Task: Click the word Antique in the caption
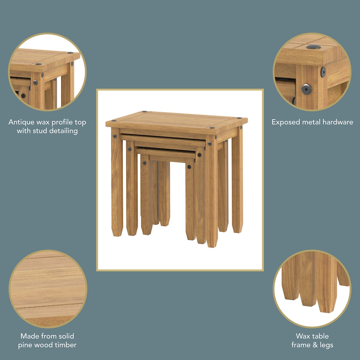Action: [22, 122]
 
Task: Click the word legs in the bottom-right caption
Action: [325, 345]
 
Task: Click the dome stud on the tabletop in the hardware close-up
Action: [313, 47]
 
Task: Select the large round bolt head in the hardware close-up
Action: [306, 89]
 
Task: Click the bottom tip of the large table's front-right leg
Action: [212, 246]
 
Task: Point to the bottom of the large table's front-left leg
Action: [117, 234]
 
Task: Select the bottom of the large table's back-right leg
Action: [237, 231]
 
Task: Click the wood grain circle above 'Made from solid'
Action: [48, 289]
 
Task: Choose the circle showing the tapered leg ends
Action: [312, 289]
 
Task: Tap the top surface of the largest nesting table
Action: [176, 120]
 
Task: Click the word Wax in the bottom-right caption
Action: [303, 336]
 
